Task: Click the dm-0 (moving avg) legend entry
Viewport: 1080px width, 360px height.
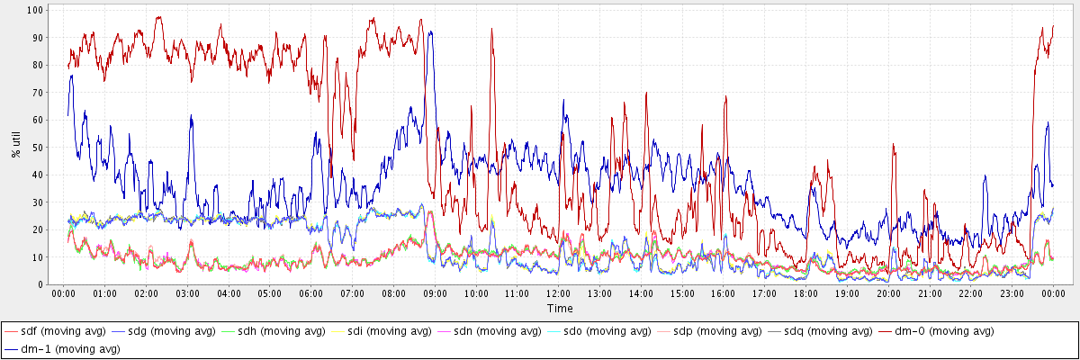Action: [x=940, y=331]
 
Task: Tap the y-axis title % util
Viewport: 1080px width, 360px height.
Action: [x=15, y=142]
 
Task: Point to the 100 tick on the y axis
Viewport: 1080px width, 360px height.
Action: [x=36, y=10]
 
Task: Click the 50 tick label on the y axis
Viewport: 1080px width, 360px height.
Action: [x=39, y=147]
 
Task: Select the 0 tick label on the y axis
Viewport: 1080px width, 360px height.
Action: [x=41, y=284]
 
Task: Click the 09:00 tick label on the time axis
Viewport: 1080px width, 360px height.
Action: [x=435, y=293]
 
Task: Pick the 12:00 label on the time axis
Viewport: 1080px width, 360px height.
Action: [x=558, y=293]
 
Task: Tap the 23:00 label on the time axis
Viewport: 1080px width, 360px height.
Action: [x=1012, y=293]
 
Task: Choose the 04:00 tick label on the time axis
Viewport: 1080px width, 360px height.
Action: [x=229, y=293]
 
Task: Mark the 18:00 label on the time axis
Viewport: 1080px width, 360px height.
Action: [x=805, y=293]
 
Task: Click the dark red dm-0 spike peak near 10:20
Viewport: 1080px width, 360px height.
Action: [x=491, y=29]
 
